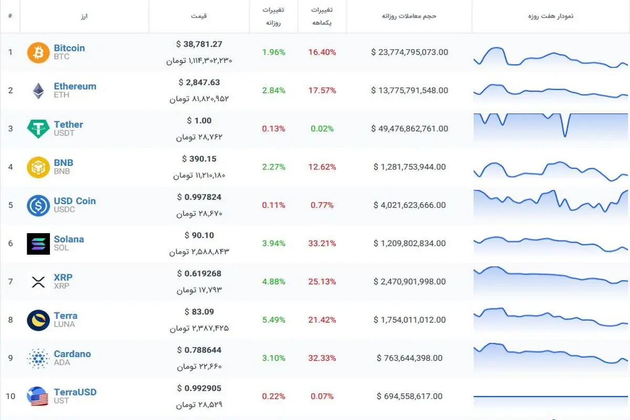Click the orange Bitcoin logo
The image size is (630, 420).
click(x=38, y=52)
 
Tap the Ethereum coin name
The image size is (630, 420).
click(x=75, y=86)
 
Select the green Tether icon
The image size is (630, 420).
click(x=38, y=129)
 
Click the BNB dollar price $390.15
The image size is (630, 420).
click(x=199, y=159)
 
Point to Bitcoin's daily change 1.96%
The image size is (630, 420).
click(x=274, y=52)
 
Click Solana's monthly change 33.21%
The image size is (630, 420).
click(x=322, y=243)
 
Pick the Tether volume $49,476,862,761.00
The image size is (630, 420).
click(x=409, y=129)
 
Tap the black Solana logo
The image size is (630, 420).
click(x=38, y=244)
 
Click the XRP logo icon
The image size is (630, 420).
click(x=38, y=282)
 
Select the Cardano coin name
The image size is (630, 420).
click(x=72, y=354)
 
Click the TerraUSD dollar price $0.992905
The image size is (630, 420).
click(x=199, y=388)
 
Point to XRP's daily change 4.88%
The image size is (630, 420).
click(x=274, y=281)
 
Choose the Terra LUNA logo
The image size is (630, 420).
click(x=38, y=320)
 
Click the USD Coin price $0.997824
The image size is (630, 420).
click(x=199, y=197)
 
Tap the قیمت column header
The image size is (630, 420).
click(x=199, y=16)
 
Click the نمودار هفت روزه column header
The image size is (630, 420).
click(x=551, y=16)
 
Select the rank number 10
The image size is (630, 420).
click(x=10, y=396)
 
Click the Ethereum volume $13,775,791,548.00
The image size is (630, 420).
click(x=409, y=90)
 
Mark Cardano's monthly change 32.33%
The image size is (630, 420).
click(x=322, y=358)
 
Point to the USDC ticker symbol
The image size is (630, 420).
click(x=65, y=209)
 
